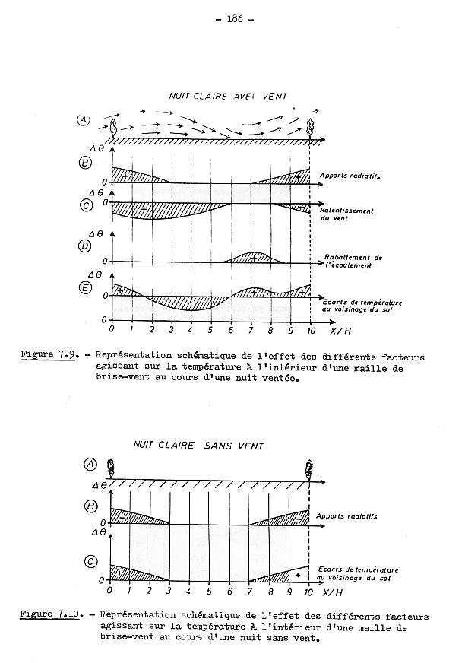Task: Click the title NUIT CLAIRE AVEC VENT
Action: (222, 97)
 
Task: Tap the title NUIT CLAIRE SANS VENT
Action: (198, 446)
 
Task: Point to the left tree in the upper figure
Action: (113, 127)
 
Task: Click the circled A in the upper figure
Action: (84, 120)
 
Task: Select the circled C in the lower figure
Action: (90, 562)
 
